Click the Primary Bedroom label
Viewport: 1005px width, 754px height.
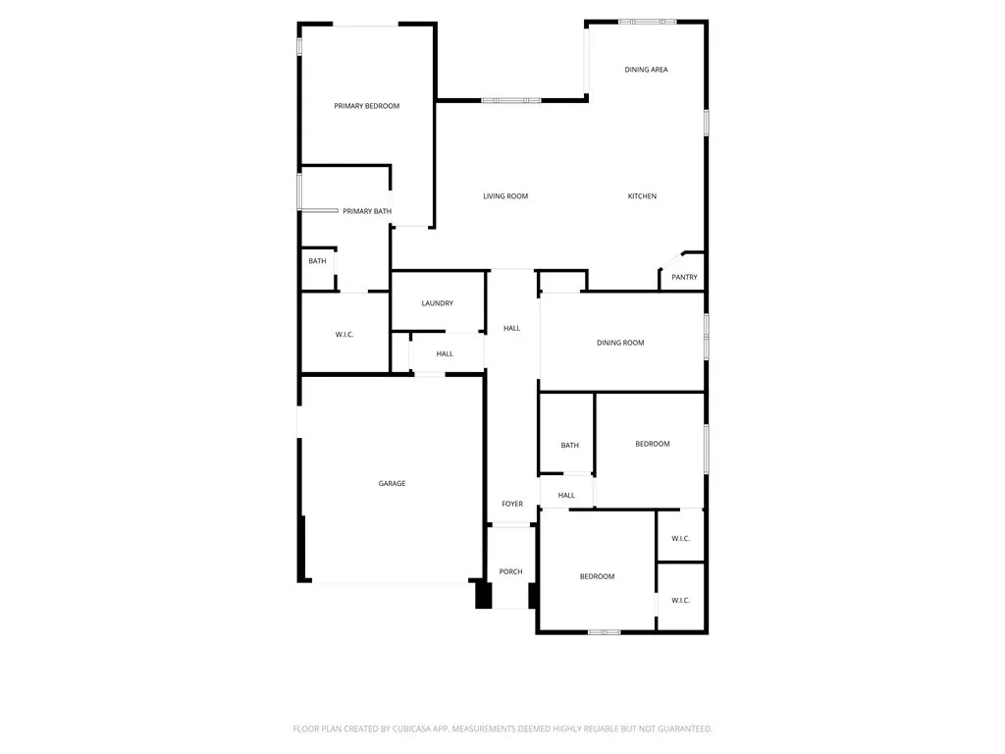(366, 106)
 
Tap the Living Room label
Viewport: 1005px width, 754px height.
(505, 196)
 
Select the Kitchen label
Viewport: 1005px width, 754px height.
(642, 196)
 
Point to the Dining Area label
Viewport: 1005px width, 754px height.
(646, 70)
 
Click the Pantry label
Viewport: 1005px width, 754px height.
(684, 277)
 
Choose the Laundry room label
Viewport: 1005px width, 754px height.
(437, 303)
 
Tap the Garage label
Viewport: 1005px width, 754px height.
(392, 483)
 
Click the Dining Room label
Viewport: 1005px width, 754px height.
(620, 343)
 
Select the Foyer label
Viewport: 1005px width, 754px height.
(512, 504)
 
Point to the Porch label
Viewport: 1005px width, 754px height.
(510, 571)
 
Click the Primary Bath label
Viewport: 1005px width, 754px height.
(367, 211)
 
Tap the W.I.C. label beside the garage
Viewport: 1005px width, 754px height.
(344, 335)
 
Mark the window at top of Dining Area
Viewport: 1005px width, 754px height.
(647, 21)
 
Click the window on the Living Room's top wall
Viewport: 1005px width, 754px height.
(510, 100)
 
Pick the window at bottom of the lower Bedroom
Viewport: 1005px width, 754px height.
(604, 631)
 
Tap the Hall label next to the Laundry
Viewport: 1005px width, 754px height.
(445, 353)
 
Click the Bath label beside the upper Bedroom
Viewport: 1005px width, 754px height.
(569, 446)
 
